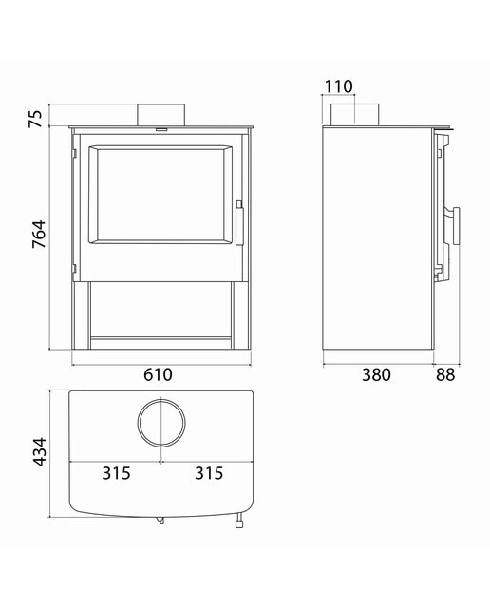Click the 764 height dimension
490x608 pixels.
click(39, 235)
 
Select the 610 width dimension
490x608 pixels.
click(159, 374)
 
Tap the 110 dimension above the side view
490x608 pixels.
click(338, 86)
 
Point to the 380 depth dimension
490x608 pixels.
click(376, 375)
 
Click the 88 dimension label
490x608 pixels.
click(445, 375)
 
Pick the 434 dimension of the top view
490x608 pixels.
click(39, 452)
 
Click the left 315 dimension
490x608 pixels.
click(116, 473)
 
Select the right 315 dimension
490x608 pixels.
click(209, 473)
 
